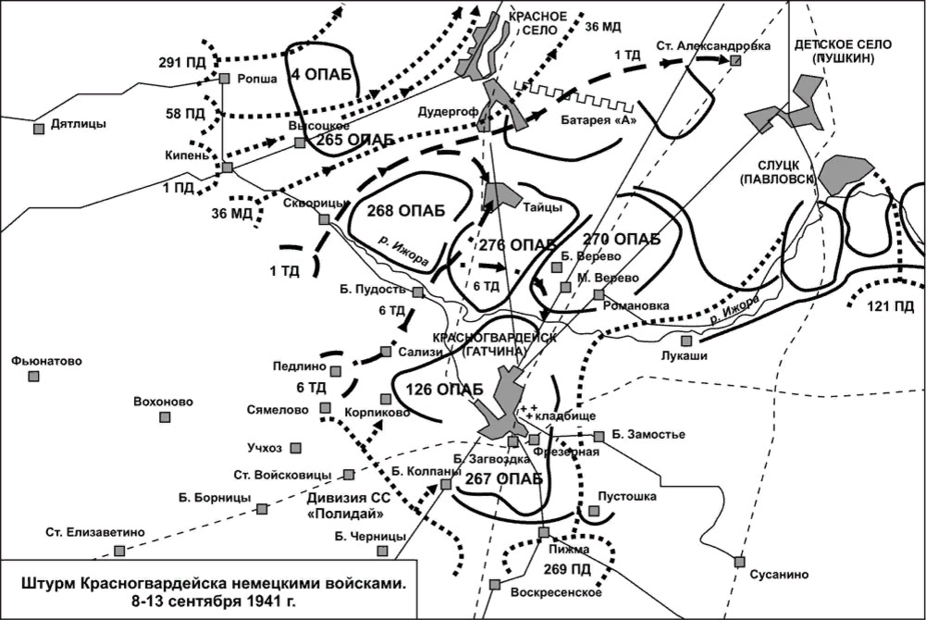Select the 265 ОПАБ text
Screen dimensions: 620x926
(355, 139)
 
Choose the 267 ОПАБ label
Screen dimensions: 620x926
(504, 478)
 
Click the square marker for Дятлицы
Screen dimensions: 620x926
(39, 129)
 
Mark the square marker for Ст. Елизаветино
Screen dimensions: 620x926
(119, 551)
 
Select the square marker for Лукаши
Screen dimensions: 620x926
(686, 341)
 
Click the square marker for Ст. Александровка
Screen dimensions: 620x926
(735, 60)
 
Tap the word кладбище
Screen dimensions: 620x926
(565, 417)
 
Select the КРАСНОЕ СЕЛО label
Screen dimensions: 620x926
(537, 23)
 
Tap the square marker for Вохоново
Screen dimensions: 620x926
(165, 417)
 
